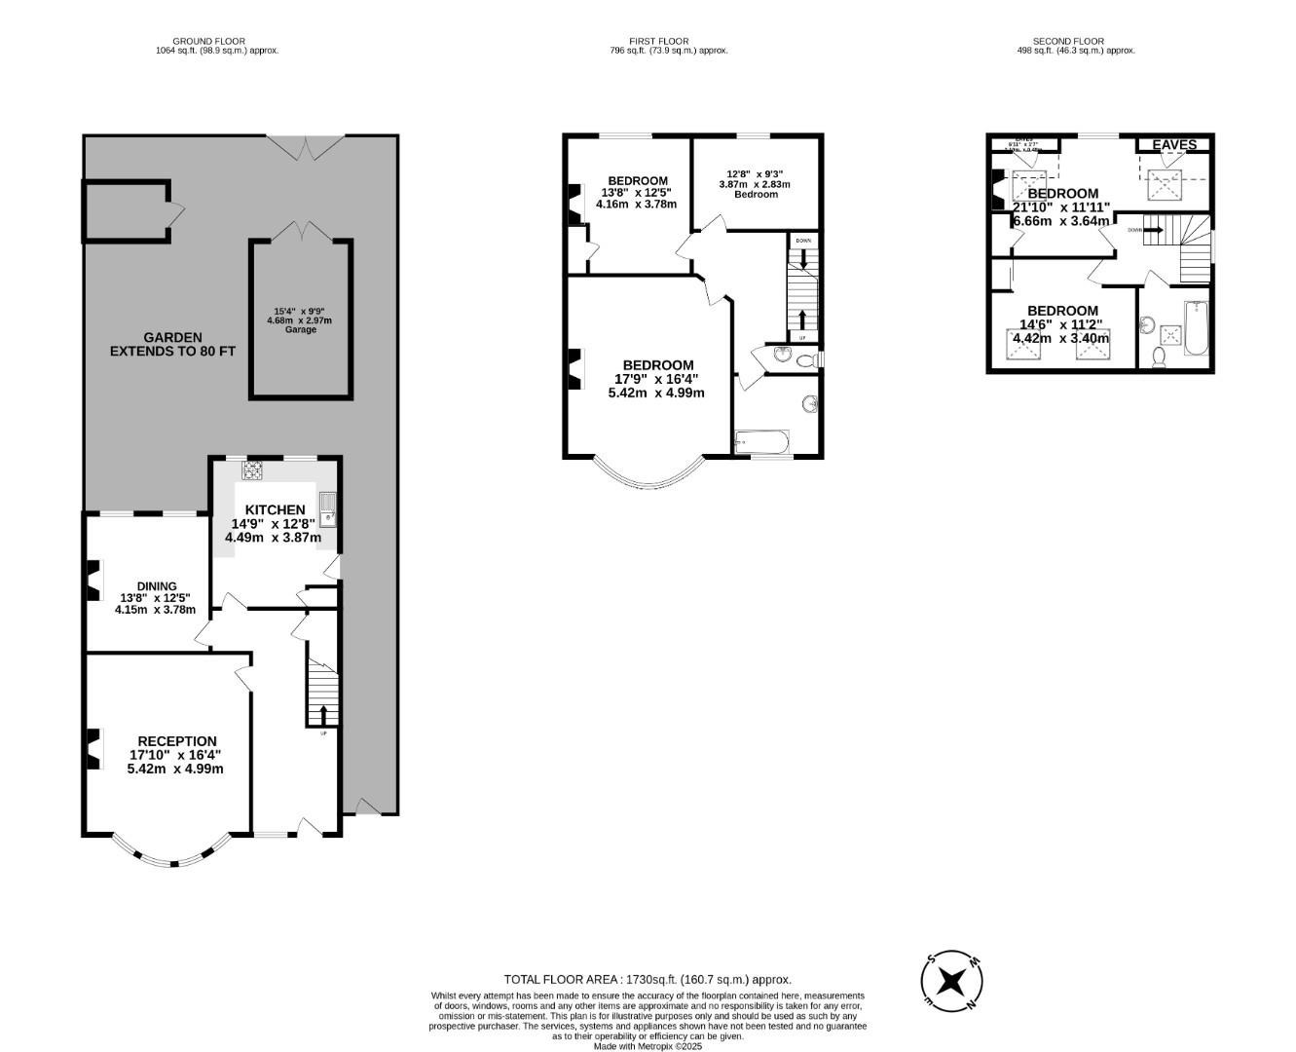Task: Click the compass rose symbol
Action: (x=951, y=980)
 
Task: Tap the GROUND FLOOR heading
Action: (x=217, y=41)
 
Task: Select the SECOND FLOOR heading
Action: (x=1068, y=41)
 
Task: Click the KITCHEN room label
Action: (x=275, y=509)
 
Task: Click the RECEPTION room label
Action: (x=176, y=741)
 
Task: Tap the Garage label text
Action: (x=300, y=330)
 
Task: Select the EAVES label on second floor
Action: (x=1174, y=145)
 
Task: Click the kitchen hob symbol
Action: (x=253, y=470)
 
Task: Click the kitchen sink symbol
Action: (x=328, y=507)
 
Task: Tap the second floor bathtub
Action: (x=1195, y=329)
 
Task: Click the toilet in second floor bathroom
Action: (x=1158, y=358)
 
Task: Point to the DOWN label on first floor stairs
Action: (x=802, y=241)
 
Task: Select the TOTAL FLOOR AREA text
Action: (x=648, y=979)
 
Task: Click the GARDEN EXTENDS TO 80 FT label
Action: (x=172, y=345)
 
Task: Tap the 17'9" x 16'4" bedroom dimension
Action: (x=656, y=379)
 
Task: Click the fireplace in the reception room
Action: (x=93, y=749)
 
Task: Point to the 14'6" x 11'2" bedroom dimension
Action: (x=1061, y=325)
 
